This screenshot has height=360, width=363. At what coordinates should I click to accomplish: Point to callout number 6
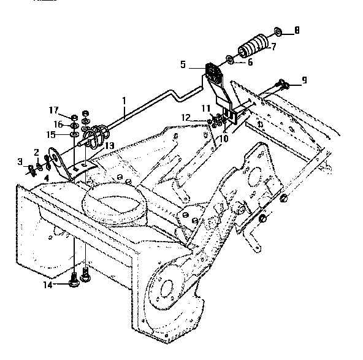250,62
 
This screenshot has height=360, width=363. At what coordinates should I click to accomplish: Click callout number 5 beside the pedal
183,63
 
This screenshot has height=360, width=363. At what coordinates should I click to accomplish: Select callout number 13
110,145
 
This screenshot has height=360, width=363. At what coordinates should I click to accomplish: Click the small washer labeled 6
229,59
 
